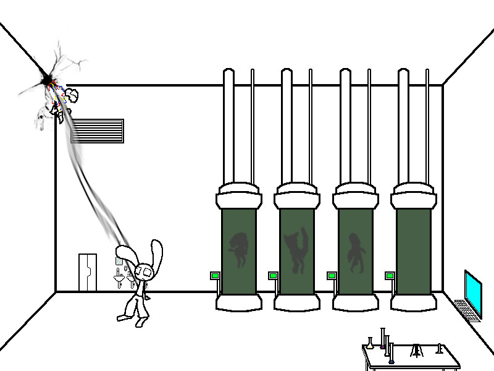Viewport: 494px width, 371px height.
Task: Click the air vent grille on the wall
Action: (97, 131)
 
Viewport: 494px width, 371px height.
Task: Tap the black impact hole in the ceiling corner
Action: (45, 79)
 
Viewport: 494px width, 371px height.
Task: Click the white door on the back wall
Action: (87, 272)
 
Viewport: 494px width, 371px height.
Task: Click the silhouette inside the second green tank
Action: (296, 250)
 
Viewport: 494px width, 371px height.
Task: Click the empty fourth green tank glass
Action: (412, 250)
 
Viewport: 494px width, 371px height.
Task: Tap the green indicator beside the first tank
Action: (215, 275)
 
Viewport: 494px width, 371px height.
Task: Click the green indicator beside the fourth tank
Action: (390, 275)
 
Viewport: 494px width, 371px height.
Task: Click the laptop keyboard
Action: (467, 309)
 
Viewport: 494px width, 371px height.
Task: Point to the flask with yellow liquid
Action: (370, 344)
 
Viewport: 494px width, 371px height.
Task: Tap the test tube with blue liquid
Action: (391, 352)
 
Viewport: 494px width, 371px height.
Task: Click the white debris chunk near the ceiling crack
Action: (72, 96)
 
